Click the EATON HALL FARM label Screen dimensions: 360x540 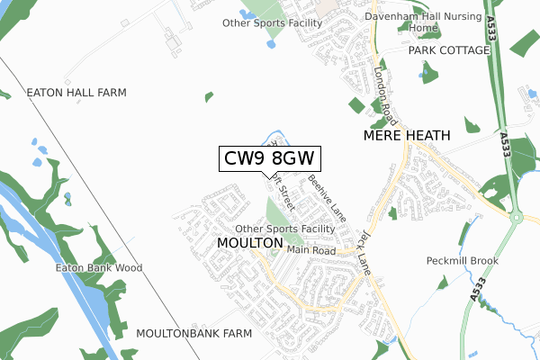(x=76, y=93)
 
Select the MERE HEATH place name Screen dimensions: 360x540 (x=405, y=135)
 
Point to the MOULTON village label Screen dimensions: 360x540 (x=250, y=243)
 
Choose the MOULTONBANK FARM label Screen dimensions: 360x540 (x=193, y=333)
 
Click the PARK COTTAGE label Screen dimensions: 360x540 (x=448, y=50)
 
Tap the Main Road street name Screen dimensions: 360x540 (x=310, y=250)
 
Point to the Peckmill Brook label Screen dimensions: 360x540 (x=462, y=261)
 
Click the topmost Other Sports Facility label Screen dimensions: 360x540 (x=272, y=23)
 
